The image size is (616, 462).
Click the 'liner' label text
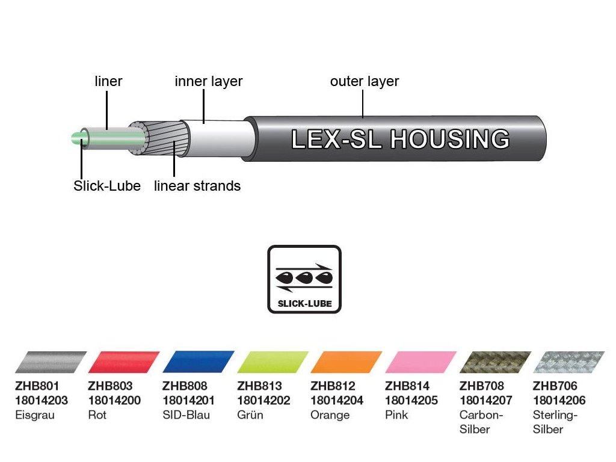109,81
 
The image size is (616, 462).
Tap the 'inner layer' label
208,81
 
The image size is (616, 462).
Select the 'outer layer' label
365,81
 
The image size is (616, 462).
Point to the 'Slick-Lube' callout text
107,186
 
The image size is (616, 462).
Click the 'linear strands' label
197,186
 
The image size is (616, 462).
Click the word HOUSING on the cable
449,139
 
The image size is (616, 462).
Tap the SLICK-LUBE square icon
304,279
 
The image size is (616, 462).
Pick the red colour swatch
123,363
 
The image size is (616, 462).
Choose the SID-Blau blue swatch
198,363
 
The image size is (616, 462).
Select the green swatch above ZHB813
273,363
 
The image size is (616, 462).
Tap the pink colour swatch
420,363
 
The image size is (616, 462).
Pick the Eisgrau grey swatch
51,363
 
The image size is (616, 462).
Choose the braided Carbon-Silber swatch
495,363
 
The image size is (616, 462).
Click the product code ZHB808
185,386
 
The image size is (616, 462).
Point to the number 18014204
337,401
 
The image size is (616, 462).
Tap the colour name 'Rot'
97,415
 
